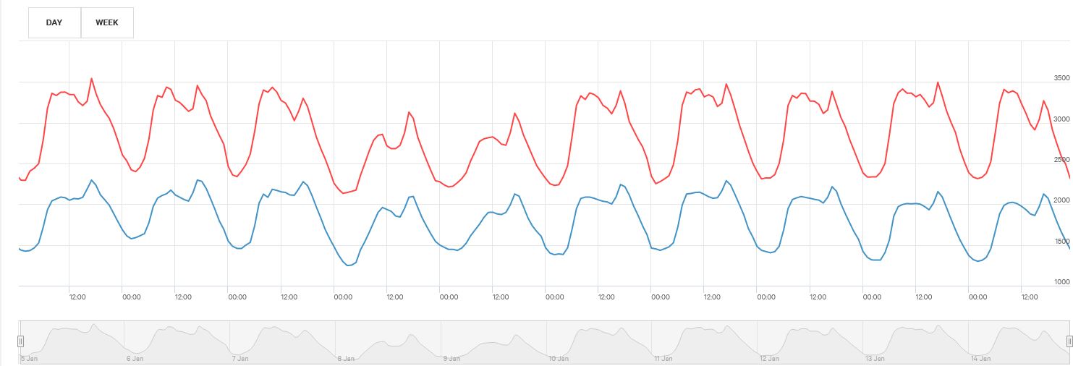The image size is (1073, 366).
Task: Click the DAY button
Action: click(54, 22)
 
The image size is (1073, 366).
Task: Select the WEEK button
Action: click(107, 22)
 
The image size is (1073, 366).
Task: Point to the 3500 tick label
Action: click(1061, 77)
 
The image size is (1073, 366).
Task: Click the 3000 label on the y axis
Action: click(1061, 119)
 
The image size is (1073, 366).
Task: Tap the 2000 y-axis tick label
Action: click(1061, 200)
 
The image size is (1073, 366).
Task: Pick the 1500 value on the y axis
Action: click(1061, 242)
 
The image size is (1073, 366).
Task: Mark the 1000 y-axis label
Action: click(1061, 282)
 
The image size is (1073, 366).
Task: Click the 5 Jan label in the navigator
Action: click(29, 358)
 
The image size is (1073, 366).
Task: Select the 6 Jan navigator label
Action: click(135, 358)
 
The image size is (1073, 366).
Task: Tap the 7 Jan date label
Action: click(240, 358)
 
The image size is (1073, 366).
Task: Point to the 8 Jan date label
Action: click(346, 358)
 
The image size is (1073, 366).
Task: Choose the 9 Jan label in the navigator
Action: click(451, 358)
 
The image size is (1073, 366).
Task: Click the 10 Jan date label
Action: click(558, 358)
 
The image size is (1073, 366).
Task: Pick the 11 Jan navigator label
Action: click(663, 358)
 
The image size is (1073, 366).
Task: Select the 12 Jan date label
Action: click(769, 358)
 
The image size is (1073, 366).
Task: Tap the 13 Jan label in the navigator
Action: click(875, 358)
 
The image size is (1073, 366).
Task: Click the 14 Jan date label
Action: click(981, 358)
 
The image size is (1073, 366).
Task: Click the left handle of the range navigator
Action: click(20, 341)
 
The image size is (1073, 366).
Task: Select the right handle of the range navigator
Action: click(1069, 341)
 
